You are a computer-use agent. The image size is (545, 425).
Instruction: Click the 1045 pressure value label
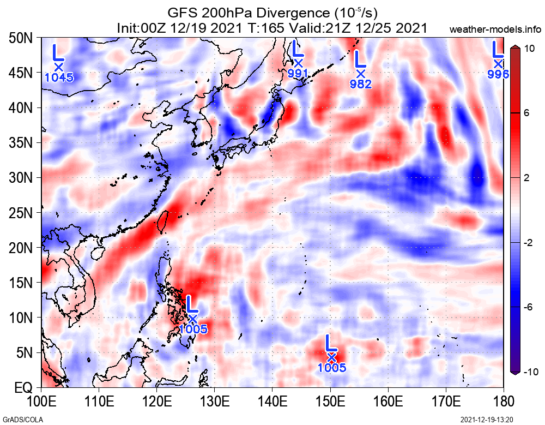coord(59,77)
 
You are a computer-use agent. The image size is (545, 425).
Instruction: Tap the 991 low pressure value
coord(298,73)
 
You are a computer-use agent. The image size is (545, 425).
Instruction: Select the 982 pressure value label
coord(361,84)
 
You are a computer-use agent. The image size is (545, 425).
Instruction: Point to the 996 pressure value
coord(498,74)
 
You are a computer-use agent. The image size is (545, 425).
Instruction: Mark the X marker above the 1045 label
coord(59,67)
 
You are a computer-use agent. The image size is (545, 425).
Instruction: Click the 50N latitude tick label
coord(21,38)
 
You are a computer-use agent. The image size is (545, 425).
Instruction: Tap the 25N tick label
coord(21,213)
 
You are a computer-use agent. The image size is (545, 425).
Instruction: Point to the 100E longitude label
coord(41,403)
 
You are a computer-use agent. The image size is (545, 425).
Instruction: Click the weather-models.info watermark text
coord(496,28)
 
